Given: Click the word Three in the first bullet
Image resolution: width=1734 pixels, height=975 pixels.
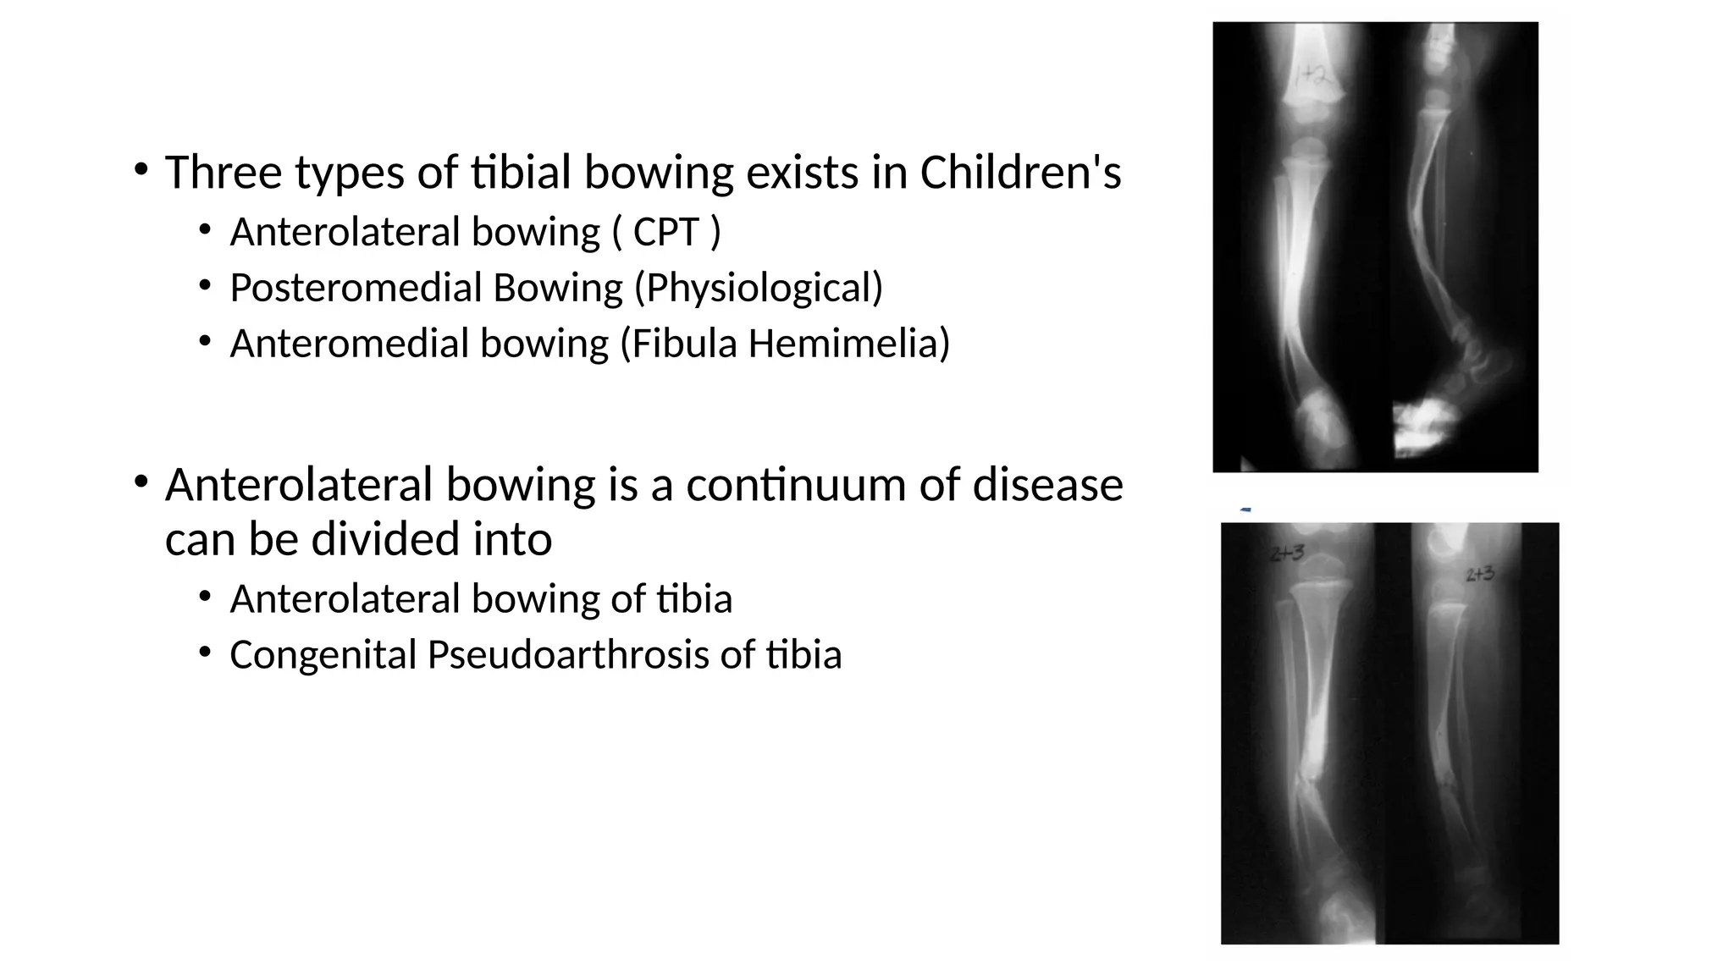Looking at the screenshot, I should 224,173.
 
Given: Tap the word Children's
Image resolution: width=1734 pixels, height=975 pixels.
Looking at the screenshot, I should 1020,173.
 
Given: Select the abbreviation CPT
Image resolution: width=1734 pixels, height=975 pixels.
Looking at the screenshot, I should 666,232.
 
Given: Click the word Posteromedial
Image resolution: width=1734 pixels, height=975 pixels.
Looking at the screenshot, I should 356,288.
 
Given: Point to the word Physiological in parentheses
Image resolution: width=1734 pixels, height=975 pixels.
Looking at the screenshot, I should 759,288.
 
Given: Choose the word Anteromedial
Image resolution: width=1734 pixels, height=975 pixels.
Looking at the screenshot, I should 349,344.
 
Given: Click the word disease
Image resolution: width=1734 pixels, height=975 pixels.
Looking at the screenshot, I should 1047,485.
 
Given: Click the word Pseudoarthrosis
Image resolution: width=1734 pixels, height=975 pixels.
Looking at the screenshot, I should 567,655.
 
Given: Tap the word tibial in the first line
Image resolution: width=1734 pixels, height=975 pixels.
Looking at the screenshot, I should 520,173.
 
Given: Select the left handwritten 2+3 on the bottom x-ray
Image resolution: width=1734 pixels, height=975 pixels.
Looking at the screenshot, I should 1287,554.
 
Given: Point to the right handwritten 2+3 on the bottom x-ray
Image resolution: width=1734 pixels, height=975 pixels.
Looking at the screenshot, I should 1480,575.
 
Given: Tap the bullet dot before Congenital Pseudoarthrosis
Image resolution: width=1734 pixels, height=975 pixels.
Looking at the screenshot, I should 205,652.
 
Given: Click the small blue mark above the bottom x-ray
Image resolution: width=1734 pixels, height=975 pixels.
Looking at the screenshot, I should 1245,510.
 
